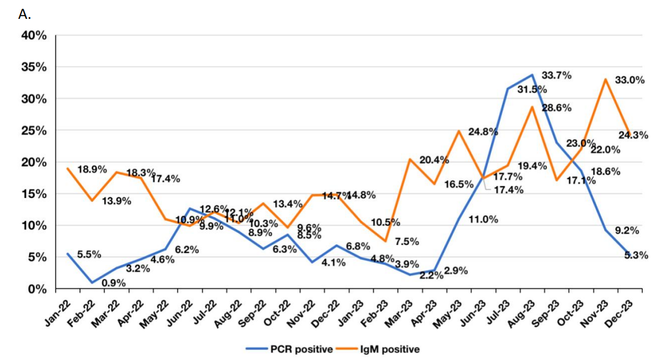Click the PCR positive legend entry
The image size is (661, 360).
(x=290, y=348)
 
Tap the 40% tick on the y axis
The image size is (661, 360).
(x=34, y=36)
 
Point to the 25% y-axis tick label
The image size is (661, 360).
(x=34, y=131)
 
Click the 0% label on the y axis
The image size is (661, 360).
(x=38, y=290)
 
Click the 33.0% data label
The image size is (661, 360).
(x=630, y=80)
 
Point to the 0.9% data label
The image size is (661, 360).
(x=113, y=282)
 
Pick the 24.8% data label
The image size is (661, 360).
(x=483, y=132)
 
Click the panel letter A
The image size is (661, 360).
(x=24, y=14)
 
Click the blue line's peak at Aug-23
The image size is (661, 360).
(x=532, y=75)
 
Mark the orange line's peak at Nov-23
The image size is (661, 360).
(x=605, y=79)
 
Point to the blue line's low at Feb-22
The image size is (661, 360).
(x=92, y=283)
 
